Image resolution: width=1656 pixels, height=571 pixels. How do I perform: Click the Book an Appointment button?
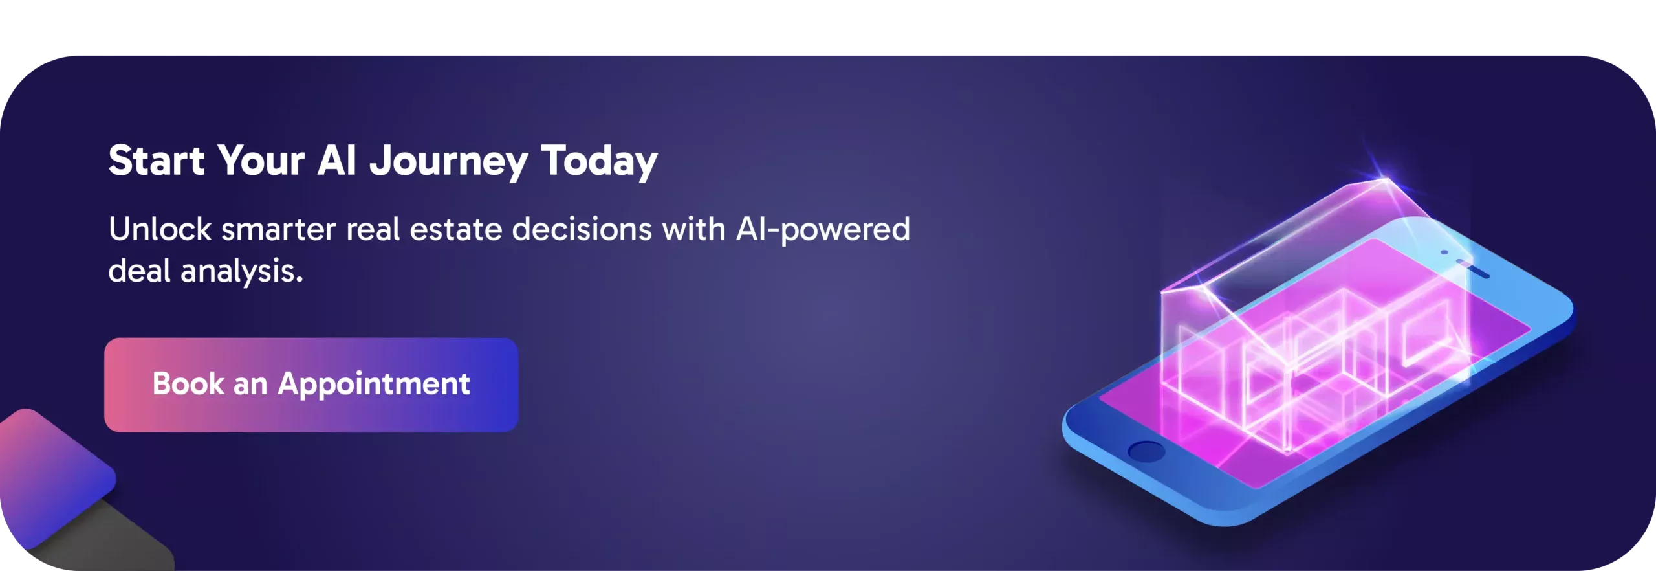coord(311,385)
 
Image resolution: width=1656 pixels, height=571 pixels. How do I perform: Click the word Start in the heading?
coord(157,160)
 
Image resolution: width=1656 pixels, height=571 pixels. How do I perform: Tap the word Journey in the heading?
coord(449,161)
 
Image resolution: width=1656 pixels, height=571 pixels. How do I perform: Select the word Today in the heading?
coord(599,161)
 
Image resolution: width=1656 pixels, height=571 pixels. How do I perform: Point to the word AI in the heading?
coord(337,160)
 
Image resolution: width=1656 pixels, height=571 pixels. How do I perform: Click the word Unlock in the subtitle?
coord(160,229)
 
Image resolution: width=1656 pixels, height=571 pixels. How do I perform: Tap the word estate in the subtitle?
coord(456,230)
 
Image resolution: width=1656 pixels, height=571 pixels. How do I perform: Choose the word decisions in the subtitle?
coord(582,229)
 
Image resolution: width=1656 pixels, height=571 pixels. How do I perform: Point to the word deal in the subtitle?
coord(139,271)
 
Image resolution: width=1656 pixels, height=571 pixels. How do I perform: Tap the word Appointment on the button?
coord(374,385)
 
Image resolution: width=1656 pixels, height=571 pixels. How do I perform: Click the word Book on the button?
coord(188,383)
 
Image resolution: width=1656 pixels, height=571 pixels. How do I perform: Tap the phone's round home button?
coord(1146,451)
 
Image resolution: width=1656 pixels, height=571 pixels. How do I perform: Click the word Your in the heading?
coord(261,160)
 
